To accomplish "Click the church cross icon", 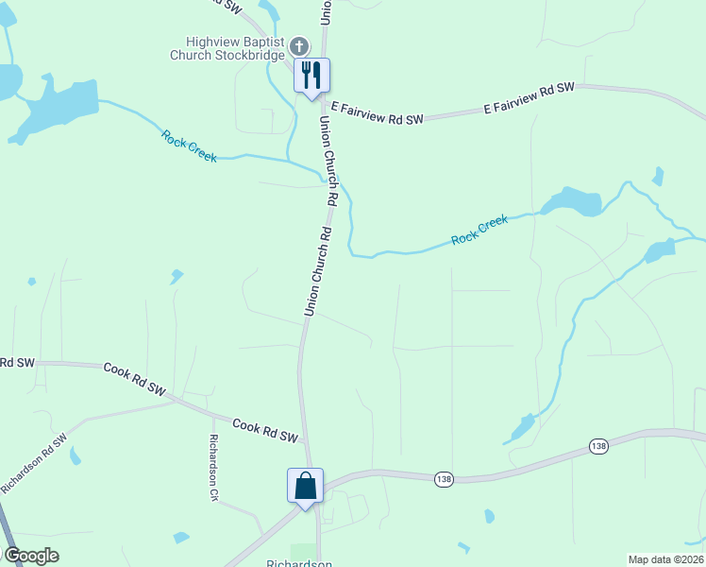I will (x=298, y=46).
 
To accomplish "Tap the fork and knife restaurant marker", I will (x=312, y=75).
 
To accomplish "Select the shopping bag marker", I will (x=306, y=486).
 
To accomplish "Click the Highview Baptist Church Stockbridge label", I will (x=227, y=49).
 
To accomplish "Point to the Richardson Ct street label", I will (x=214, y=467).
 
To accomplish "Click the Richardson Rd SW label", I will (x=35, y=463).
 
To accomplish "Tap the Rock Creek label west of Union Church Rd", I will (x=189, y=146).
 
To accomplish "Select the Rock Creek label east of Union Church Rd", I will (x=479, y=230).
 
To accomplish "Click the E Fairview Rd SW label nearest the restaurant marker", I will (x=377, y=114).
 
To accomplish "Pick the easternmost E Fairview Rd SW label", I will (x=529, y=98).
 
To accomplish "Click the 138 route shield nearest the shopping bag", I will (x=444, y=480).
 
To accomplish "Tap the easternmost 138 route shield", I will (x=598, y=446).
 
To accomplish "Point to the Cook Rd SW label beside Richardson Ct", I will (x=265, y=432).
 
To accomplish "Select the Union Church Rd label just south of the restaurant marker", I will (x=327, y=162).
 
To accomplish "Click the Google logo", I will (x=30, y=556).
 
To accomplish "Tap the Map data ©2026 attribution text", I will (x=666, y=559).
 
